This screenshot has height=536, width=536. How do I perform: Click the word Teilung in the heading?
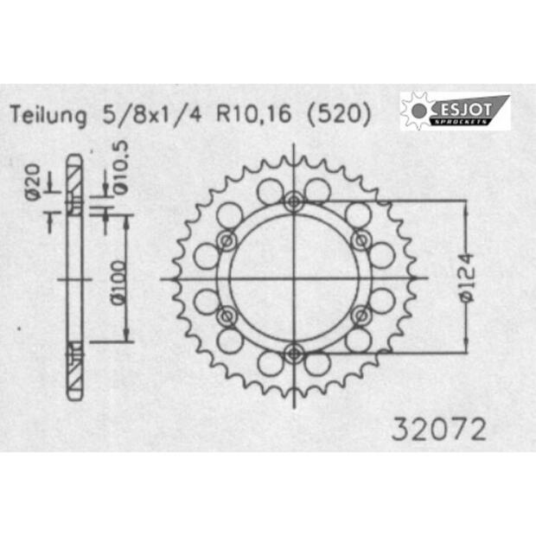[48, 115]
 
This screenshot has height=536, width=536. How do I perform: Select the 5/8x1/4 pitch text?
[152, 114]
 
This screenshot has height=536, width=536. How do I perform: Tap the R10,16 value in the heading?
[253, 114]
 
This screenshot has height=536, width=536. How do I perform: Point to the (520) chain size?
[339, 114]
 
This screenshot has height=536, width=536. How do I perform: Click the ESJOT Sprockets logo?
[455, 111]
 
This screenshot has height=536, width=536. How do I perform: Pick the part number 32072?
[439, 429]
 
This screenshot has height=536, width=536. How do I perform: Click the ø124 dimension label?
[467, 278]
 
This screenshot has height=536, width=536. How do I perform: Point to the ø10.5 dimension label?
[120, 168]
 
